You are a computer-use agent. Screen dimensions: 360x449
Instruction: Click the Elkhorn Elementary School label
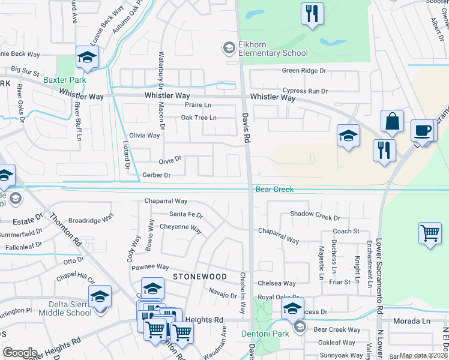tap(265, 49)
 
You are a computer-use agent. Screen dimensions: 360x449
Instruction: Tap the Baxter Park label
tap(64, 79)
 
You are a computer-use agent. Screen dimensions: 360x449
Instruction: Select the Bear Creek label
tap(274, 189)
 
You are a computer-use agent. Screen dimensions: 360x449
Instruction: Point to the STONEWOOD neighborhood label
tap(200, 277)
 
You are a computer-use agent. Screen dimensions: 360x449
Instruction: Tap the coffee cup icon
tap(422, 131)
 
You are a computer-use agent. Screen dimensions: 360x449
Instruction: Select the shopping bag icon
tap(392, 121)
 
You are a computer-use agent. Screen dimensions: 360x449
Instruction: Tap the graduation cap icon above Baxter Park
tap(88, 58)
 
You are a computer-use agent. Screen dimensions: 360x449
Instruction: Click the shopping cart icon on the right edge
tap(430, 233)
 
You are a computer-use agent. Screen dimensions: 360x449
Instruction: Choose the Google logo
tap(20, 353)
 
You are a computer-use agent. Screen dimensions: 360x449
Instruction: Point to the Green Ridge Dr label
tap(304, 71)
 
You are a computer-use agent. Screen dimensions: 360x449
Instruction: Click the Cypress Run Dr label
tap(305, 91)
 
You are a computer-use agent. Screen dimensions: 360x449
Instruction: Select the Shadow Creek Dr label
tap(315, 214)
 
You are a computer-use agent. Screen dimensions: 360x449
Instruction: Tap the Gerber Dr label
tap(157, 175)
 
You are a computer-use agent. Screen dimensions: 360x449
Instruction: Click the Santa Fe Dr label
tap(186, 214)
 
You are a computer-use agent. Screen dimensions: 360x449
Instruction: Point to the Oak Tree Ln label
tap(199, 118)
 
